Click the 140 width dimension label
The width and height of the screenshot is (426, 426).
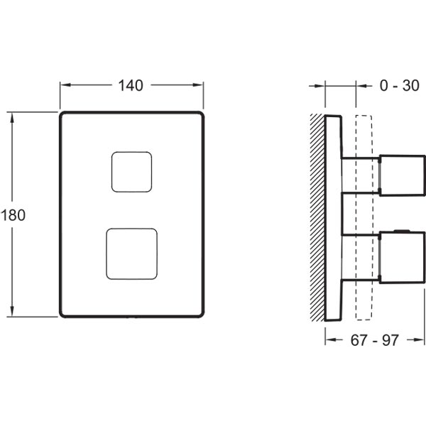coord(131,86)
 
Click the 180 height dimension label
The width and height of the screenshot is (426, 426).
coord(13,215)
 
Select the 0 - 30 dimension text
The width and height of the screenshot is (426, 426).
coord(399,86)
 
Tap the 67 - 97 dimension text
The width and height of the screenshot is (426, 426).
coord(375,340)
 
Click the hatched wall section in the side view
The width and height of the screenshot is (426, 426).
coord(317,217)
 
